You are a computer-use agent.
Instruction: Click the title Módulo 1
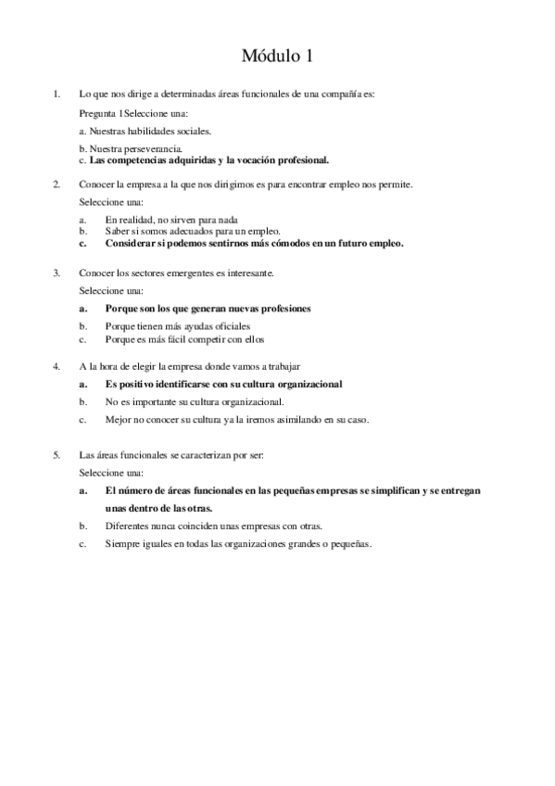click(x=277, y=57)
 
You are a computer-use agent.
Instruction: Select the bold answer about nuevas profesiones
click(x=208, y=308)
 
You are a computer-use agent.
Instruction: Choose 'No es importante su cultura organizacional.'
click(x=195, y=401)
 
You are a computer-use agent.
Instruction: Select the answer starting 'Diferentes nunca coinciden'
click(x=213, y=526)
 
